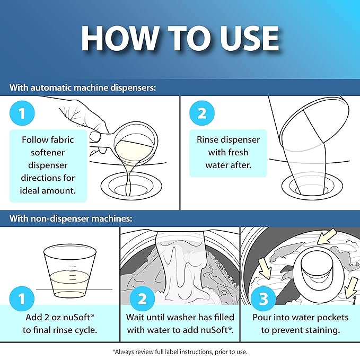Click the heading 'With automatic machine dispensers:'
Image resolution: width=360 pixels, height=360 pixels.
pyautogui.click(x=83, y=87)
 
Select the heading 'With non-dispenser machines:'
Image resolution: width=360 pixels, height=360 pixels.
pyautogui.click(x=71, y=218)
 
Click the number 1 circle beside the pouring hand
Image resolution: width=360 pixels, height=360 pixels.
pyautogui.click(x=22, y=113)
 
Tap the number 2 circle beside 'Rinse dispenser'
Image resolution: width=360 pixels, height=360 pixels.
pyautogui.click(x=202, y=113)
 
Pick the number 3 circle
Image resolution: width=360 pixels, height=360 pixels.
pyautogui.click(x=264, y=298)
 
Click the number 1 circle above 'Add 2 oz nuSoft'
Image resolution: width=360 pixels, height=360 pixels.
pyautogui.click(x=22, y=298)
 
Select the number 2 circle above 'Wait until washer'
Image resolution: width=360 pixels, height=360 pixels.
pyautogui.click(x=142, y=298)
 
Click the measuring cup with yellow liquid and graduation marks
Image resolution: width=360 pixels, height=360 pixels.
pyautogui.click(x=70, y=271)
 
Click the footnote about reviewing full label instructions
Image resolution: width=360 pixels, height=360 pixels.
pyautogui.click(x=180, y=352)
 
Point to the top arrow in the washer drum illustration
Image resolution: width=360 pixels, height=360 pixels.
pyautogui.click(x=327, y=236)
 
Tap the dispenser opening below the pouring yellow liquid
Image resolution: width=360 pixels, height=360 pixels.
pyautogui.click(x=131, y=186)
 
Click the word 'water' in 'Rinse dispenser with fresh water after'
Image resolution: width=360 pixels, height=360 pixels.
pyautogui.click(x=217, y=165)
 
